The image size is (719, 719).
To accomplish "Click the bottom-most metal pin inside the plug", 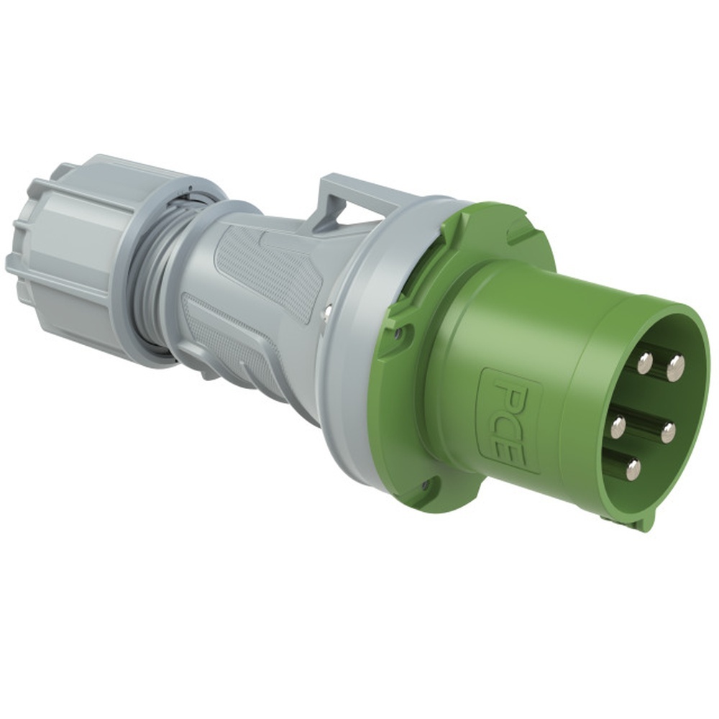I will (633, 470).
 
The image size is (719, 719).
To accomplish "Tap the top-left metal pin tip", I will (644, 363).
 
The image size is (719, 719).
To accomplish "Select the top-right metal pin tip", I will (675, 368).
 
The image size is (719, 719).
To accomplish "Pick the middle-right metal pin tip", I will (668, 432).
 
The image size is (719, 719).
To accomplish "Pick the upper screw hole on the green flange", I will (398, 334).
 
